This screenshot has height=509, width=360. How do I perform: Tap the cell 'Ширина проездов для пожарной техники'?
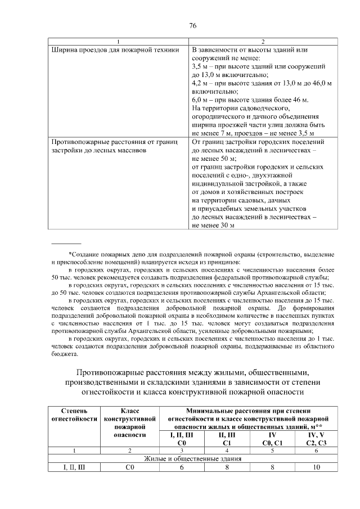(115, 49)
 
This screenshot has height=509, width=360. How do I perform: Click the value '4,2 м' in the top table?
(201, 83)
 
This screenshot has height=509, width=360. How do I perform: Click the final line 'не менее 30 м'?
(214, 224)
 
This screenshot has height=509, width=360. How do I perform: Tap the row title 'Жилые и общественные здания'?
(192, 458)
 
